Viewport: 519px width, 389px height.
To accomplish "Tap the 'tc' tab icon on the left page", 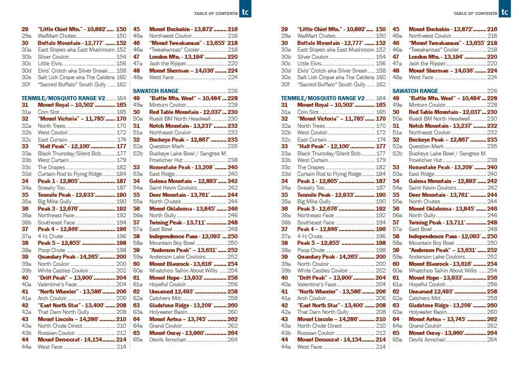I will pos(244,11).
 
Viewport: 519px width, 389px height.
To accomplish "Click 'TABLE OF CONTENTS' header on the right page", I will pos(474,13).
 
